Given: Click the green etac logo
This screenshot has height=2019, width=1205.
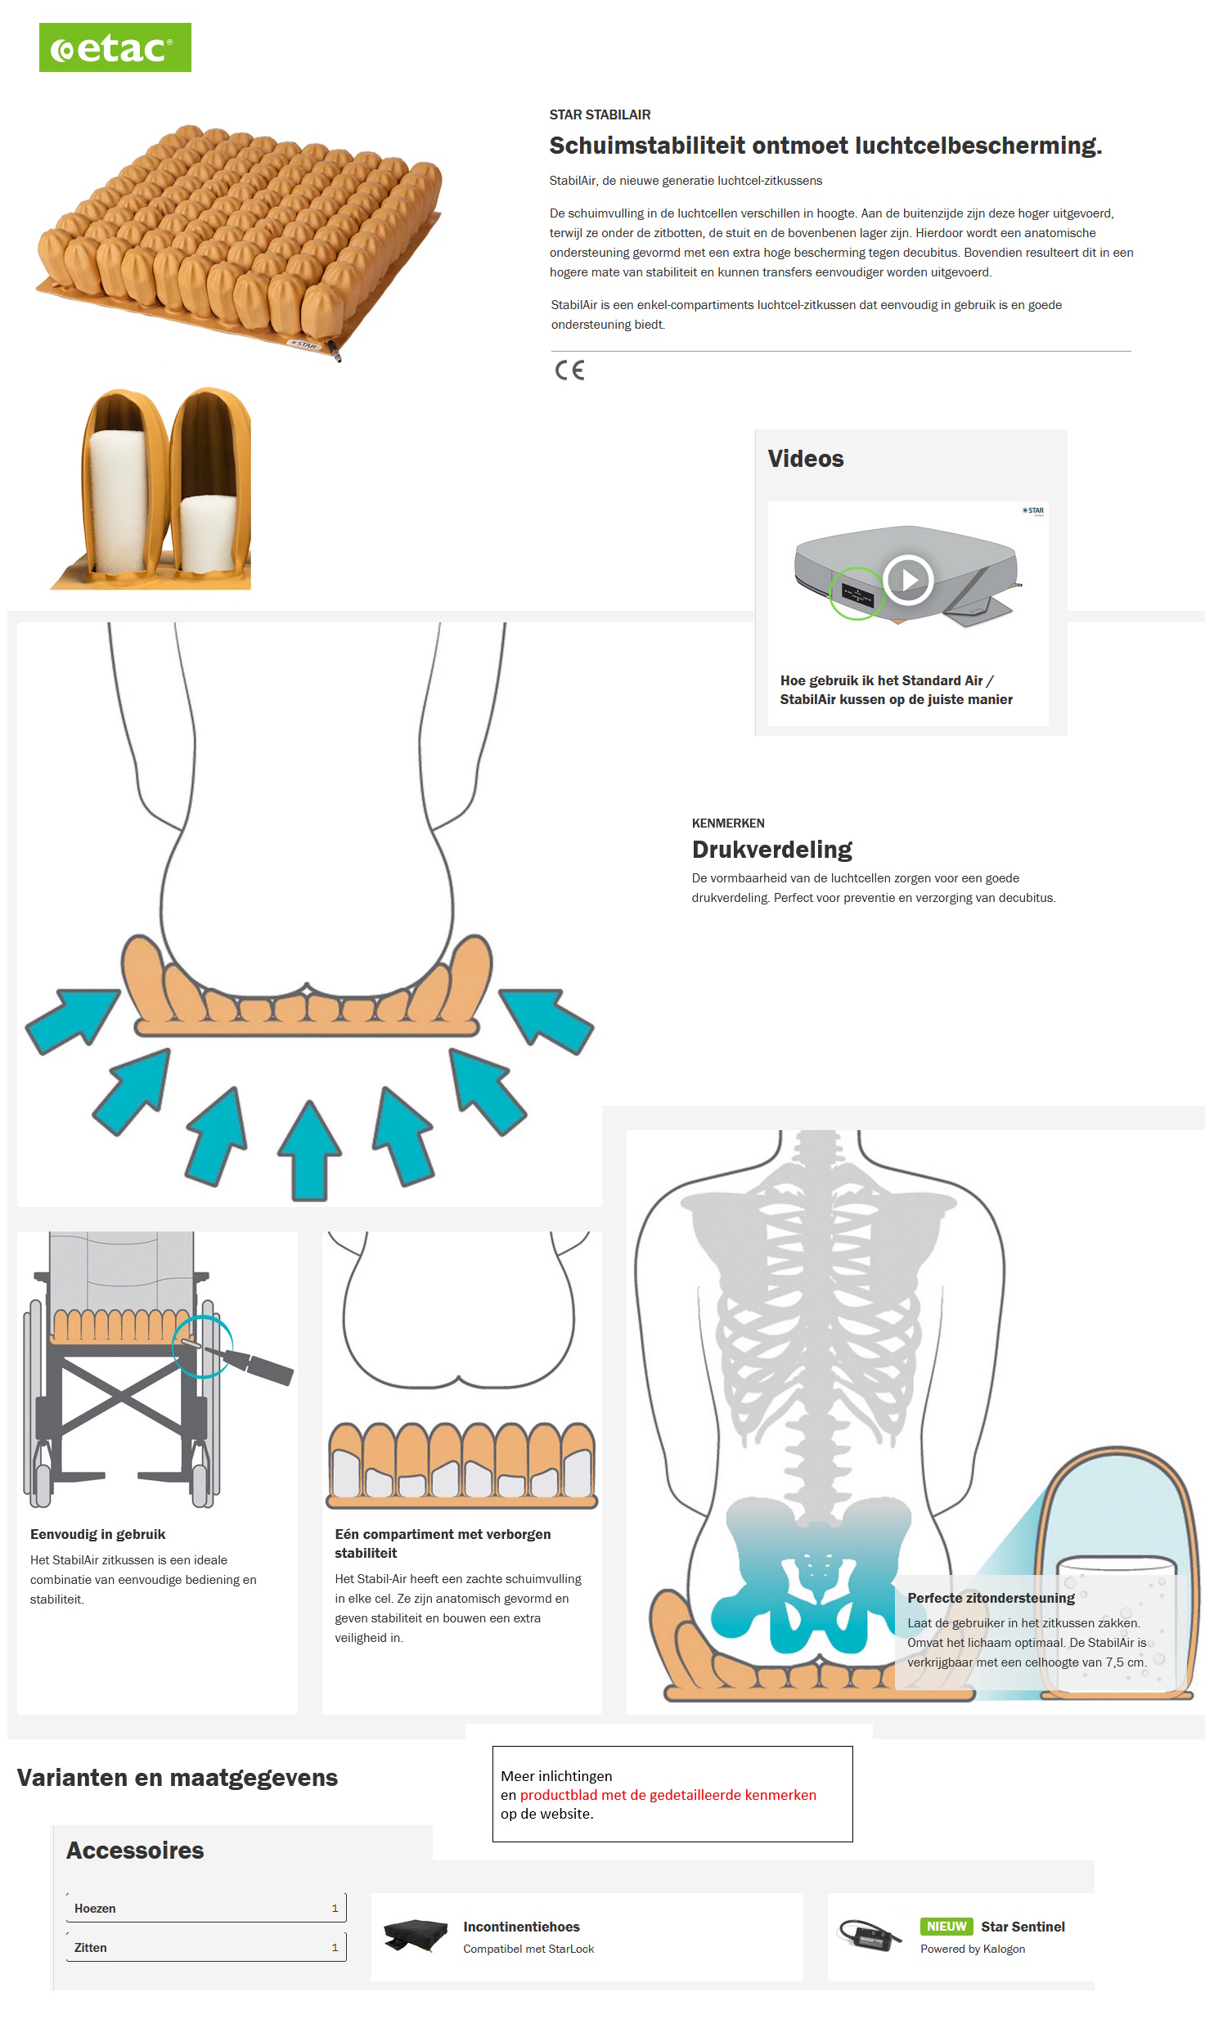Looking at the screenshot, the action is [x=115, y=47].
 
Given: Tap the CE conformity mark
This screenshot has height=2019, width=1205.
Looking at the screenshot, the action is [x=570, y=370].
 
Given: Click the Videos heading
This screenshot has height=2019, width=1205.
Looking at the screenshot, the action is [x=806, y=459].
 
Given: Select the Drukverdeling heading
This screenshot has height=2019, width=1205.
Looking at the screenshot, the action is [x=772, y=850].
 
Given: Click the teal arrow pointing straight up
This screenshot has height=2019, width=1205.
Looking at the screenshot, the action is [x=309, y=1150].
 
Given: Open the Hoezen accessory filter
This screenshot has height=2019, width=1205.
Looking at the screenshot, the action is [x=206, y=1908].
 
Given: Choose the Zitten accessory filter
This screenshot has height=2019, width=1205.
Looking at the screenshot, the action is [x=206, y=1947].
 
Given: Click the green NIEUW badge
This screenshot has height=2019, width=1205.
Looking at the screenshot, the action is [x=946, y=1927].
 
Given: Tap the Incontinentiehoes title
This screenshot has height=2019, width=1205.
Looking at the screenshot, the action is [x=522, y=1927].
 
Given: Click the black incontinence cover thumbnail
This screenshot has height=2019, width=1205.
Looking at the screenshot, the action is [x=416, y=1936].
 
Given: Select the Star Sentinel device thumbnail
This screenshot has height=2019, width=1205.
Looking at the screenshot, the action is [x=870, y=1935].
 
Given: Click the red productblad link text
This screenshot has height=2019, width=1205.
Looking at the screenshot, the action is [x=668, y=1795].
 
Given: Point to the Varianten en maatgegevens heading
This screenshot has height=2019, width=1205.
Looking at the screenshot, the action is [x=178, y=1778].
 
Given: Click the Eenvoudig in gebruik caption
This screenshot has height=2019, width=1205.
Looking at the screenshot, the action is [x=98, y=1534].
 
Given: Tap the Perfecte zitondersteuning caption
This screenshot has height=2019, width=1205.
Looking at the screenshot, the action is [x=991, y=1598].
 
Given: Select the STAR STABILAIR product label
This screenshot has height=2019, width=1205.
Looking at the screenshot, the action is [x=600, y=114].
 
